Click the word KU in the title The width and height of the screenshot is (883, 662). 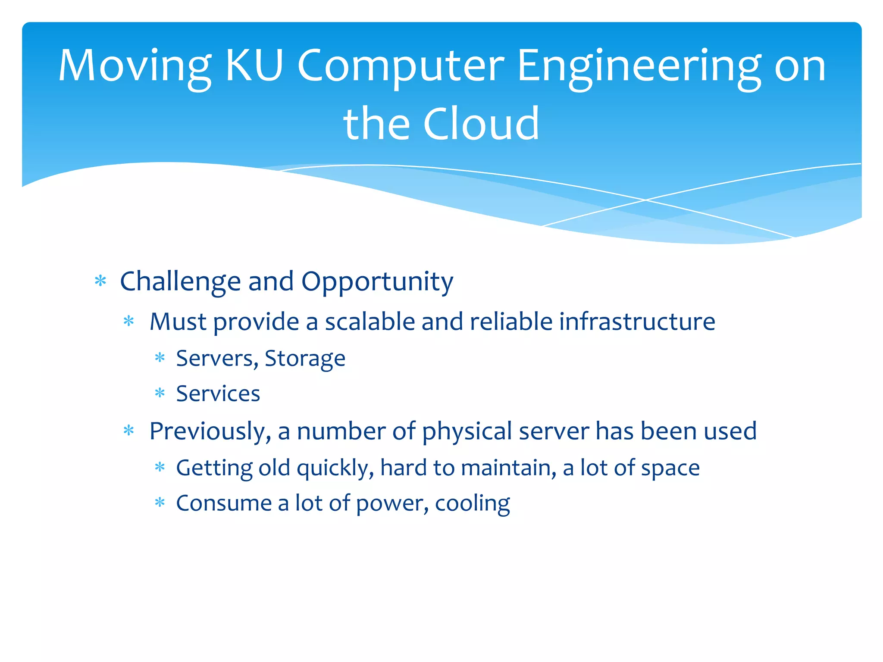point(254,66)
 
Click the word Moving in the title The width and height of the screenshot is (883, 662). point(135,67)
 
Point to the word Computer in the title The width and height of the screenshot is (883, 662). point(401,67)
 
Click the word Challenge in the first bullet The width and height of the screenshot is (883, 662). point(180,282)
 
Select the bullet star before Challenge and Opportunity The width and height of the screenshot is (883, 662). point(100,281)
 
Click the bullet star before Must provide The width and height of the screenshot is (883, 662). point(129,321)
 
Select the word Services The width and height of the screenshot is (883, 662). point(218,393)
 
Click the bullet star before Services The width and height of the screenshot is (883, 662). point(160,393)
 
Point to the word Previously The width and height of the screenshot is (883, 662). point(210,431)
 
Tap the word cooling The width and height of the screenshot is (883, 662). point(472,503)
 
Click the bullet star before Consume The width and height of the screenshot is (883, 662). point(160,503)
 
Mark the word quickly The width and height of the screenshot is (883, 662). point(335,468)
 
